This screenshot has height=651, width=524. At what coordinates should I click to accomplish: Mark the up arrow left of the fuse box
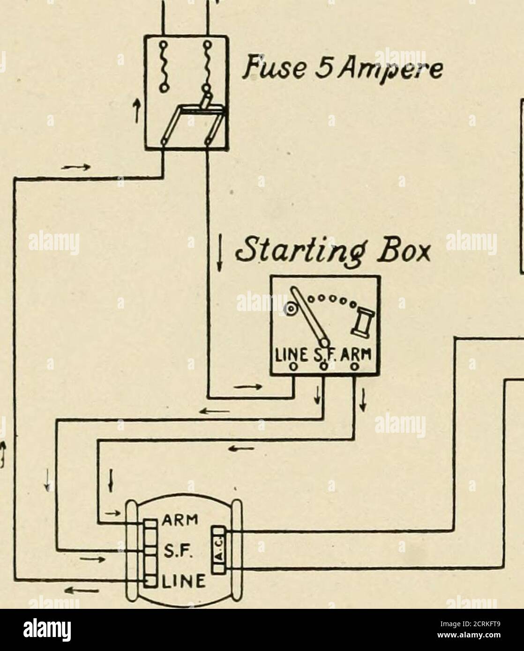137,111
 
